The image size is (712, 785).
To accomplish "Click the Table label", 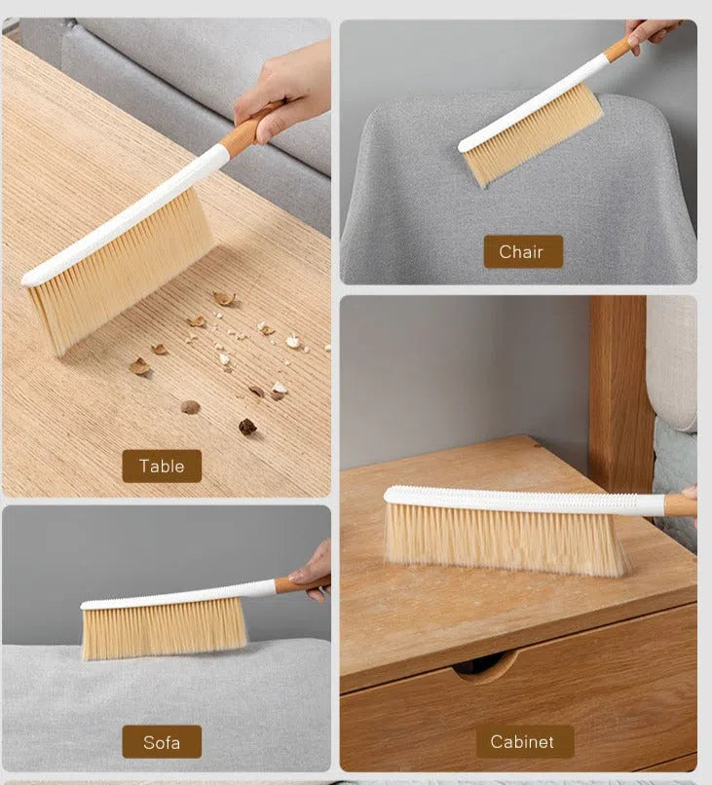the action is click(x=162, y=467).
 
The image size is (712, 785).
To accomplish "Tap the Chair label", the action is click(x=523, y=251).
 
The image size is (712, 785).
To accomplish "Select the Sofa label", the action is click(x=162, y=741).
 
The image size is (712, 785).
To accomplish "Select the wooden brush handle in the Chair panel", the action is click(x=619, y=48).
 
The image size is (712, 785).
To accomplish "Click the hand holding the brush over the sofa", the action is click(x=312, y=572).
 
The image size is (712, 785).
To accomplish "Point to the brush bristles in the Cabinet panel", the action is click(x=506, y=540).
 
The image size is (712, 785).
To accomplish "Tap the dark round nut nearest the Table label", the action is click(x=247, y=427).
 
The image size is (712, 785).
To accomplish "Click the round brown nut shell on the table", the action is click(x=190, y=407).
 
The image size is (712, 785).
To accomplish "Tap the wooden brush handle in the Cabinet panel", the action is click(x=680, y=505).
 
